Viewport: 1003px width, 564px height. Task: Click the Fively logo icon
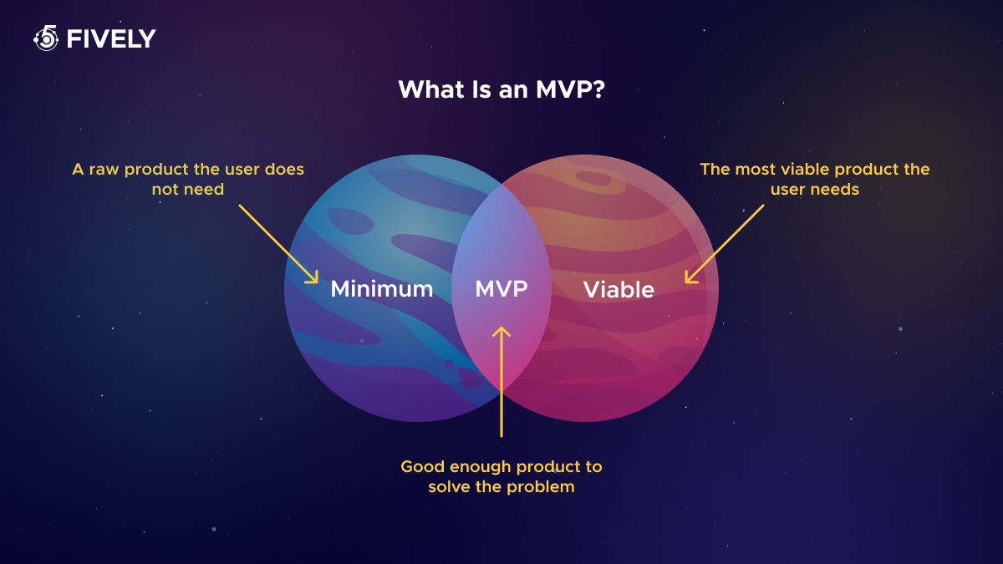click(x=46, y=38)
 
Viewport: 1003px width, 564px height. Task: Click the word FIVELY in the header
click(x=111, y=39)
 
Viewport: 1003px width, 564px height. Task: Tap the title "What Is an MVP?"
click(x=501, y=89)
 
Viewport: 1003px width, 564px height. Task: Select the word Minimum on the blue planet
click(x=382, y=289)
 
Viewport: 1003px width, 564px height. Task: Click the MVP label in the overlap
click(x=501, y=289)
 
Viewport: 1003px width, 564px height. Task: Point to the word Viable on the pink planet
click(x=619, y=289)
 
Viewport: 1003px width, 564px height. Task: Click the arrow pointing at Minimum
click(x=278, y=244)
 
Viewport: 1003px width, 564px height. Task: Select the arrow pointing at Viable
click(x=725, y=244)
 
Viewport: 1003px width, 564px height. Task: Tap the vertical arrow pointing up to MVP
click(x=501, y=382)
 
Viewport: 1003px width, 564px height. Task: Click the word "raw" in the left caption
click(x=104, y=170)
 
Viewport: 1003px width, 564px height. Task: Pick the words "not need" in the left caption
click(x=188, y=190)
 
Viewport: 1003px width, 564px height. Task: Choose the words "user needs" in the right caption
click(x=815, y=190)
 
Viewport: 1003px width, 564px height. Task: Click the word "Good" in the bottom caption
click(x=423, y=466)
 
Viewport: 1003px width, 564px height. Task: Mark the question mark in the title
click(x=598, y=89)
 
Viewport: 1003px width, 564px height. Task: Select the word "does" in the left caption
click(x=284, y=169)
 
